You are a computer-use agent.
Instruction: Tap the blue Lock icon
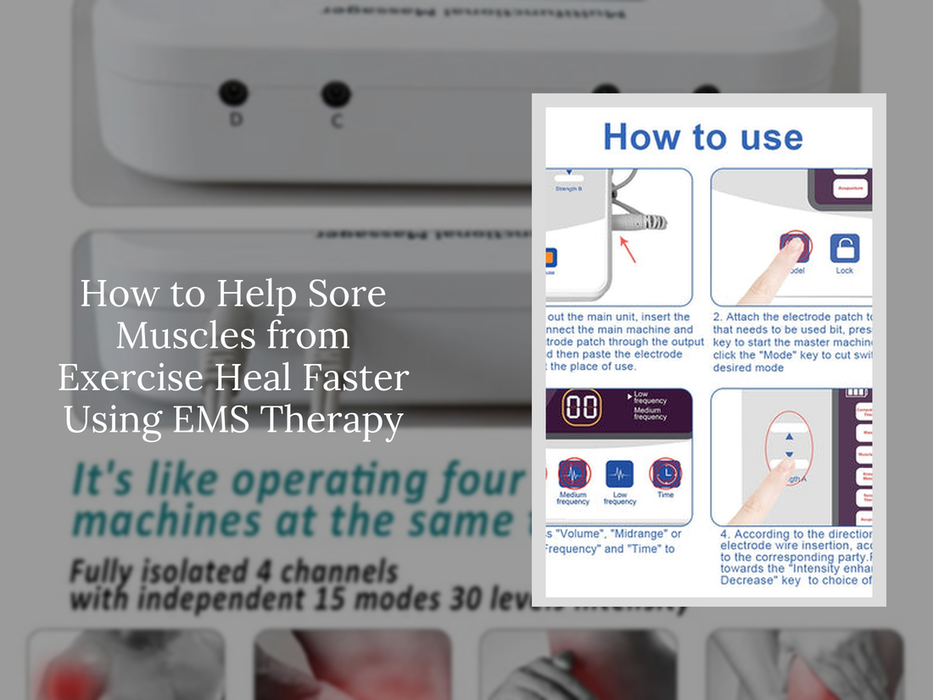click(844, 249)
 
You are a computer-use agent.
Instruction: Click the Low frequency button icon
click(620, 473)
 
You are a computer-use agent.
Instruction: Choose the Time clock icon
click(665, 473)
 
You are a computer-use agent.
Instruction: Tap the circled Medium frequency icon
click(573, 473)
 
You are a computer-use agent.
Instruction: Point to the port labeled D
click(233, 92)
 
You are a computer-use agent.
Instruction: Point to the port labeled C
click(336, 93)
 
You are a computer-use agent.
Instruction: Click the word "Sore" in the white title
click(343, 294)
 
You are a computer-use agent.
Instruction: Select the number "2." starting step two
click(717, 317)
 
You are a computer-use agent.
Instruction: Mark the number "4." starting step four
click(726, 535)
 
